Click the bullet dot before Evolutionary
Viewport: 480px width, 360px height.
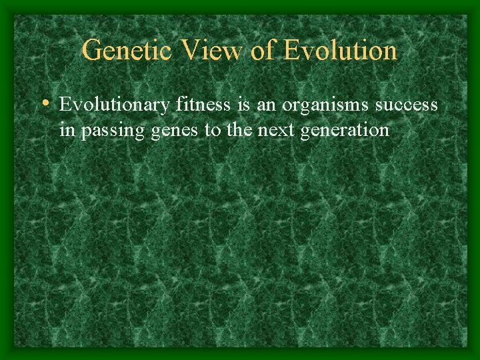(45, 104)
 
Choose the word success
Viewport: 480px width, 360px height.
(407, 105)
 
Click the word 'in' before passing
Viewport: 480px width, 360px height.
(67, 129)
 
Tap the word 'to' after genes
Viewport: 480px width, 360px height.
(213, 129)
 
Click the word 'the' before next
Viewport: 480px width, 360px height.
(238, 129)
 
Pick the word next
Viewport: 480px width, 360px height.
(275, 129)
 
